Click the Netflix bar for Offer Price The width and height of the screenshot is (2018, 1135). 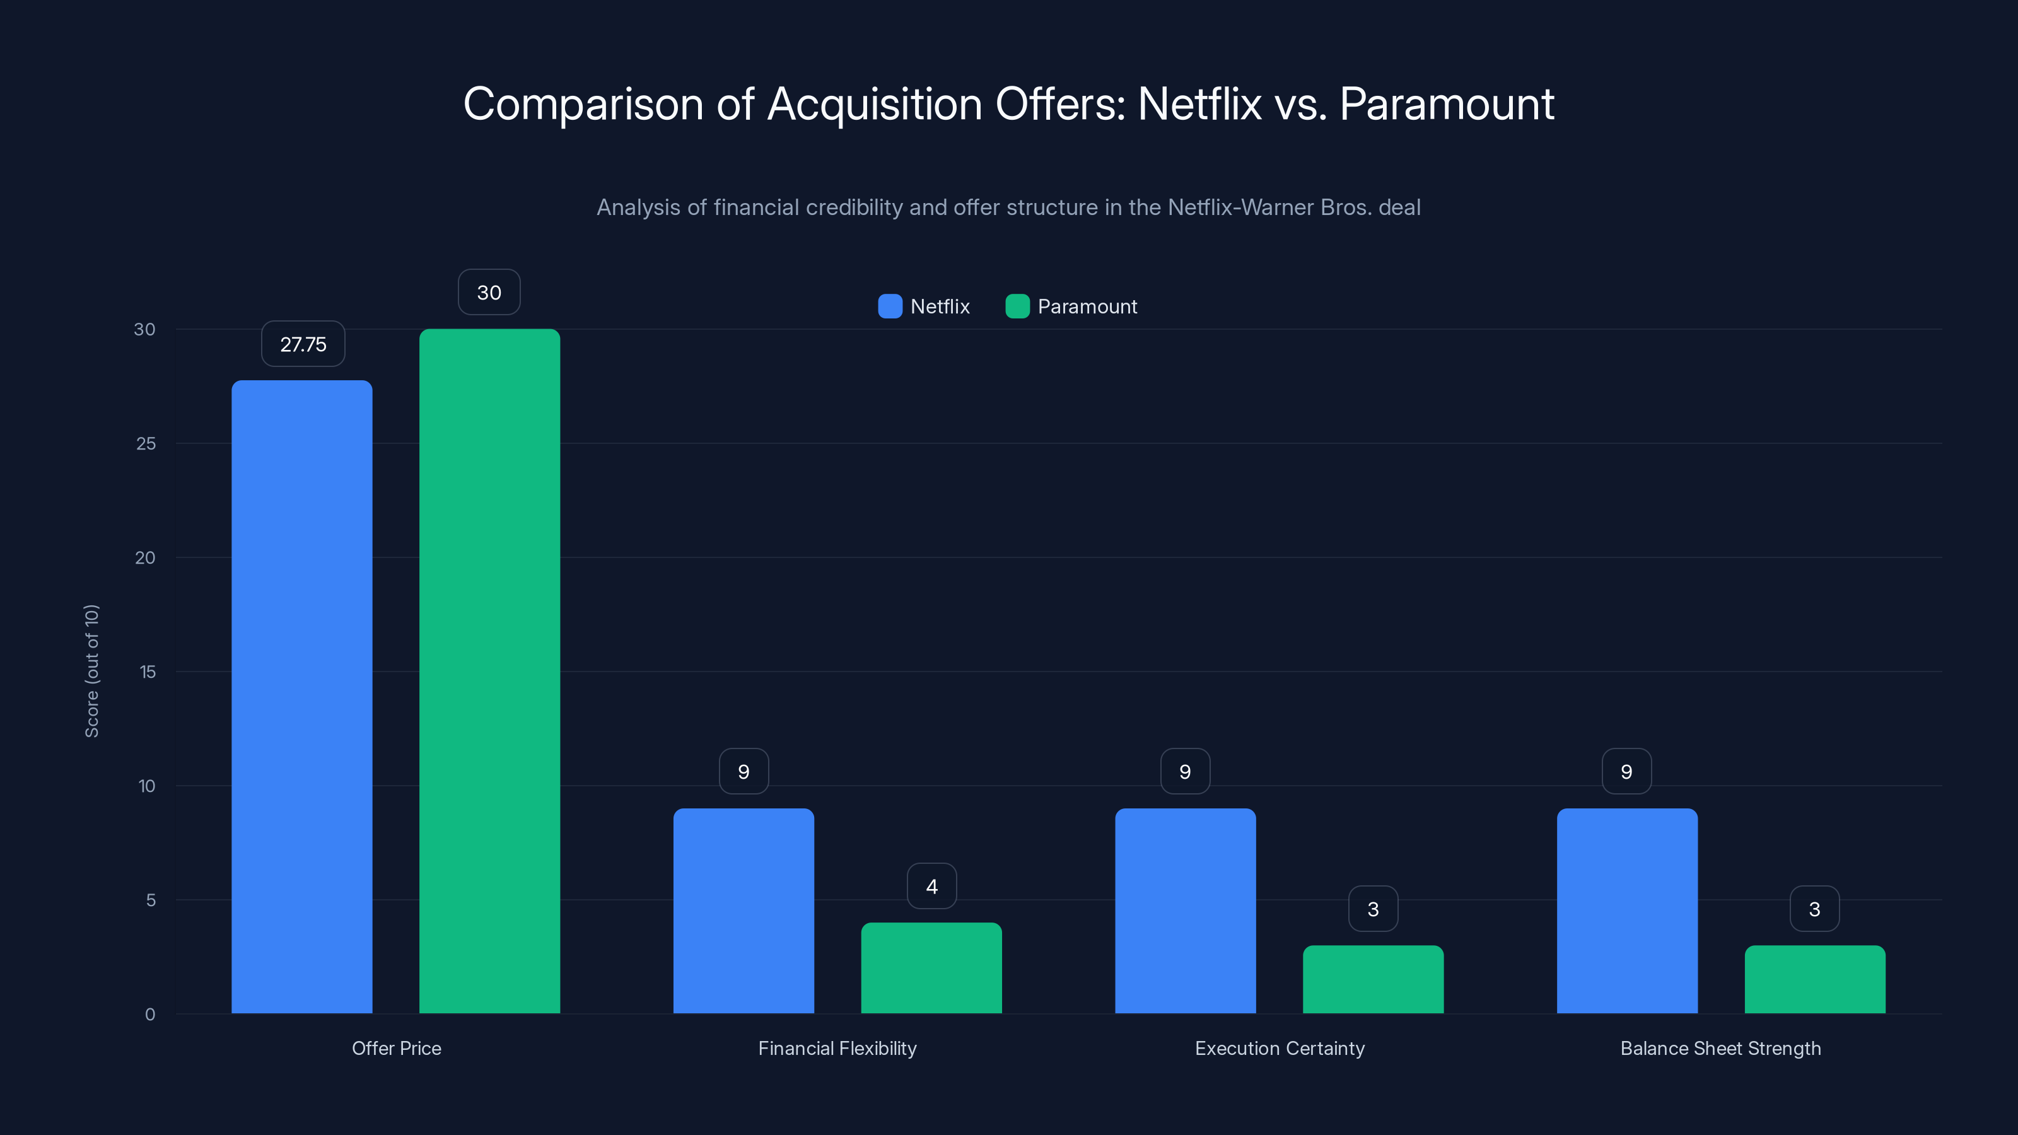[x=301, y=697]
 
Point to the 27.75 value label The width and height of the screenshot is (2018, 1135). [x=303, y=345]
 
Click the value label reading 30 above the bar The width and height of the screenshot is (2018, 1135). [x=489, y=293]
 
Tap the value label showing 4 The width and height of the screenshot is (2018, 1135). [x=931, y=887]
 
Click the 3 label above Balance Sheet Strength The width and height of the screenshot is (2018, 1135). [x=1814, y=909]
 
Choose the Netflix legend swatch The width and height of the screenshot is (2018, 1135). [x=890, y=306]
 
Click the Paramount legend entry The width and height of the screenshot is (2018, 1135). [x=1087, y=306]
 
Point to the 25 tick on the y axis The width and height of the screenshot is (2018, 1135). [x=146, y=443]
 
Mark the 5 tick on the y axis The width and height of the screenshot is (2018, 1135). [x=151, y=900]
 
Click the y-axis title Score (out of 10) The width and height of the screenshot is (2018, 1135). [x=91, y=670]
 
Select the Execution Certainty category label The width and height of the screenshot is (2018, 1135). [x=1280, y=1048]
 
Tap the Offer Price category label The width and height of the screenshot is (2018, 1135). [x=397, y=1048]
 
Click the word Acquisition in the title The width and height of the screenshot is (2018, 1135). [x=874, y=104]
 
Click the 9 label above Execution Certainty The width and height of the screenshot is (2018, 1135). [x=1184, y=772]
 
